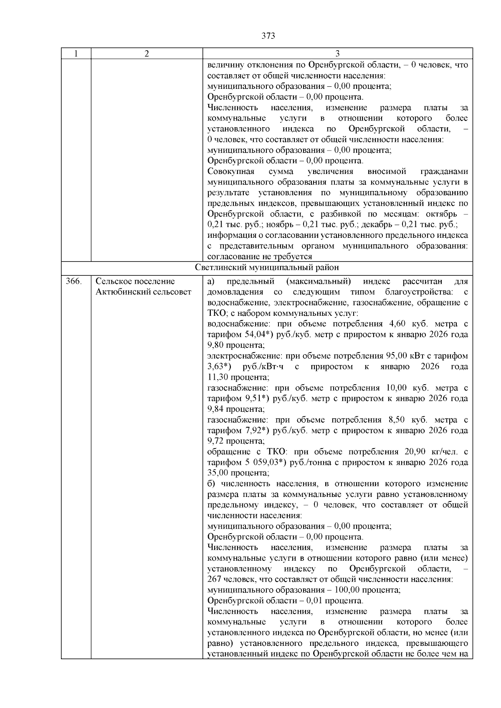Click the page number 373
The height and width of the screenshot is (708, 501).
pos(268,36)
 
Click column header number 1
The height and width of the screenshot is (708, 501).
pos(76,53)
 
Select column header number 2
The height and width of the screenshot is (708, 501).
pos(147,53)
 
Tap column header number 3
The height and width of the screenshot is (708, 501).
pos(337,53)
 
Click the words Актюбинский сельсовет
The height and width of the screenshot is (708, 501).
pos(144,292)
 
